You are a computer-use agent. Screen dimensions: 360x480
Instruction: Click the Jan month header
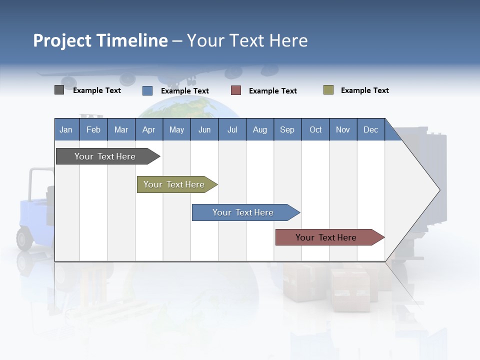(66, 129)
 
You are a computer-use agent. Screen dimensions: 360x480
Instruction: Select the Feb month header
(93, 129)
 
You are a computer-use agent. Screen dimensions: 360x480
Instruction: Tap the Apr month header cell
(148, 129)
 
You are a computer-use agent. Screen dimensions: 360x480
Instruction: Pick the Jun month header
(204, 129)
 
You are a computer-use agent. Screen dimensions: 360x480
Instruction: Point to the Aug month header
(259, 129)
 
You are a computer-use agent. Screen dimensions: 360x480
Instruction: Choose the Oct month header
(315, 129)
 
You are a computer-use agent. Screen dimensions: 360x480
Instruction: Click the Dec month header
(370, 129)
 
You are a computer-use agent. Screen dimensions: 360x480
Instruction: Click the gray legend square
(59, 90)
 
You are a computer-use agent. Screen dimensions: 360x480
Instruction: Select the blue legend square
(147, 90)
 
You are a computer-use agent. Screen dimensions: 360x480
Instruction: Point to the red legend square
(236, 90)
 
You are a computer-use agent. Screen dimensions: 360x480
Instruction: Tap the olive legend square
(328, 90)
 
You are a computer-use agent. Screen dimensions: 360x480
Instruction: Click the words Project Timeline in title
(100, 40)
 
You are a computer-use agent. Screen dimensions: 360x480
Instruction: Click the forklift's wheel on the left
(24, 238)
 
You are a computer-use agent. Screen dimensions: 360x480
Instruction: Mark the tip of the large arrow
(439, 189)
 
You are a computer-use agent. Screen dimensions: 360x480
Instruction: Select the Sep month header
(287, 129)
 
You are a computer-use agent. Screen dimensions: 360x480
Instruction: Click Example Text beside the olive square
(364, 90)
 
